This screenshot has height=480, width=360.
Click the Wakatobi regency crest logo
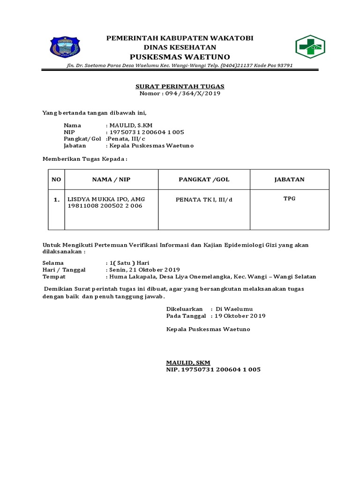(x=65, y=47)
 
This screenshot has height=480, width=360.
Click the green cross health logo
(x=310, y=47)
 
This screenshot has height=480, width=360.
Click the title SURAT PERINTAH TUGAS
(x=180, y=86)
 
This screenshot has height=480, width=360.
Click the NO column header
(x=56, y=180)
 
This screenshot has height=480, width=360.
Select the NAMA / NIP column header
(x=112, y=180)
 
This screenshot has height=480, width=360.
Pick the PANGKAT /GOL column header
(x=204, y=180)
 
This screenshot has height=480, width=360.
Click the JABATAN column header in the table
(x=289, y=180)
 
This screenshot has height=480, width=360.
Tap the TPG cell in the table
(x=289, y=199)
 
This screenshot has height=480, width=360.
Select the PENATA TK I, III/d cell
(x=204, y=200)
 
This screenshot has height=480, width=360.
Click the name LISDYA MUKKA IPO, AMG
(x=107, y=199)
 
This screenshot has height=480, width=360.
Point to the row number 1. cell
(x=56, y=200)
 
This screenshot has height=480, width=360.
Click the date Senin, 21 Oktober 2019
(x=145, y=270)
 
